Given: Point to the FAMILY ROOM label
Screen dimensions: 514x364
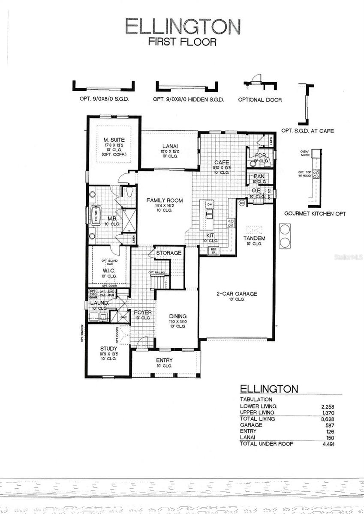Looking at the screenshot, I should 165,200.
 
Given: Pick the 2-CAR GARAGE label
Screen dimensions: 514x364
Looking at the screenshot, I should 237,293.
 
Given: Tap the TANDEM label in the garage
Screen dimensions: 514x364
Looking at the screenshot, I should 254,238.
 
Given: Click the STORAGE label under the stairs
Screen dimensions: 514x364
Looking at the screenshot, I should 168,253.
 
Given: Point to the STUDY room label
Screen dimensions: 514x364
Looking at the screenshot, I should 108,349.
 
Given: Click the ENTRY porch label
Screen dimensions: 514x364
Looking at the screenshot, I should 164,360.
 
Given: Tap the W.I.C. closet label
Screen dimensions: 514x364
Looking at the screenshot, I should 108,271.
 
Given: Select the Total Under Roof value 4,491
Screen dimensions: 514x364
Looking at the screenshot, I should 333,444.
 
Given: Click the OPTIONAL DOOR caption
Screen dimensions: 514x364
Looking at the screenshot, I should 260,99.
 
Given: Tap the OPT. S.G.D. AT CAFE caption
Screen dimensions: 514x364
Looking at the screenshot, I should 307,131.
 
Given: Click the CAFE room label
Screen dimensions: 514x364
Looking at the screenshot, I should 222,162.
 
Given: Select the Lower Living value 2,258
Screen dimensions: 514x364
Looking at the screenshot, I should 333,406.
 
